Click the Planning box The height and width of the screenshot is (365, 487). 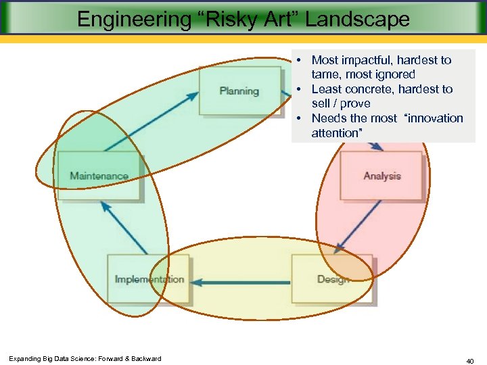(x=239, y=91)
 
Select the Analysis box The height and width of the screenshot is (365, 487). (x=382, y=176)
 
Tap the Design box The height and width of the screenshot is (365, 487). (x=332, y=279)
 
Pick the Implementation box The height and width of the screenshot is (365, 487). (x=149, y=279)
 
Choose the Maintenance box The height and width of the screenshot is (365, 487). (x=99, y=176)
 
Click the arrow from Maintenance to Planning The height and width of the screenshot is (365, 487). (x=152, y=121)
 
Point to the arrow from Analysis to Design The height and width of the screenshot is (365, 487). (x=358, y=226)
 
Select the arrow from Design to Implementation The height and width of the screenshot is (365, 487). (x=240, y=281)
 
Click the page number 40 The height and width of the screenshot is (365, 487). (x=469, y=362)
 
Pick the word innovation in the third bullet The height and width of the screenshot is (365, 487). (x=434, y=118)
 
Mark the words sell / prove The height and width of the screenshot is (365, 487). (x=341, y=103)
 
